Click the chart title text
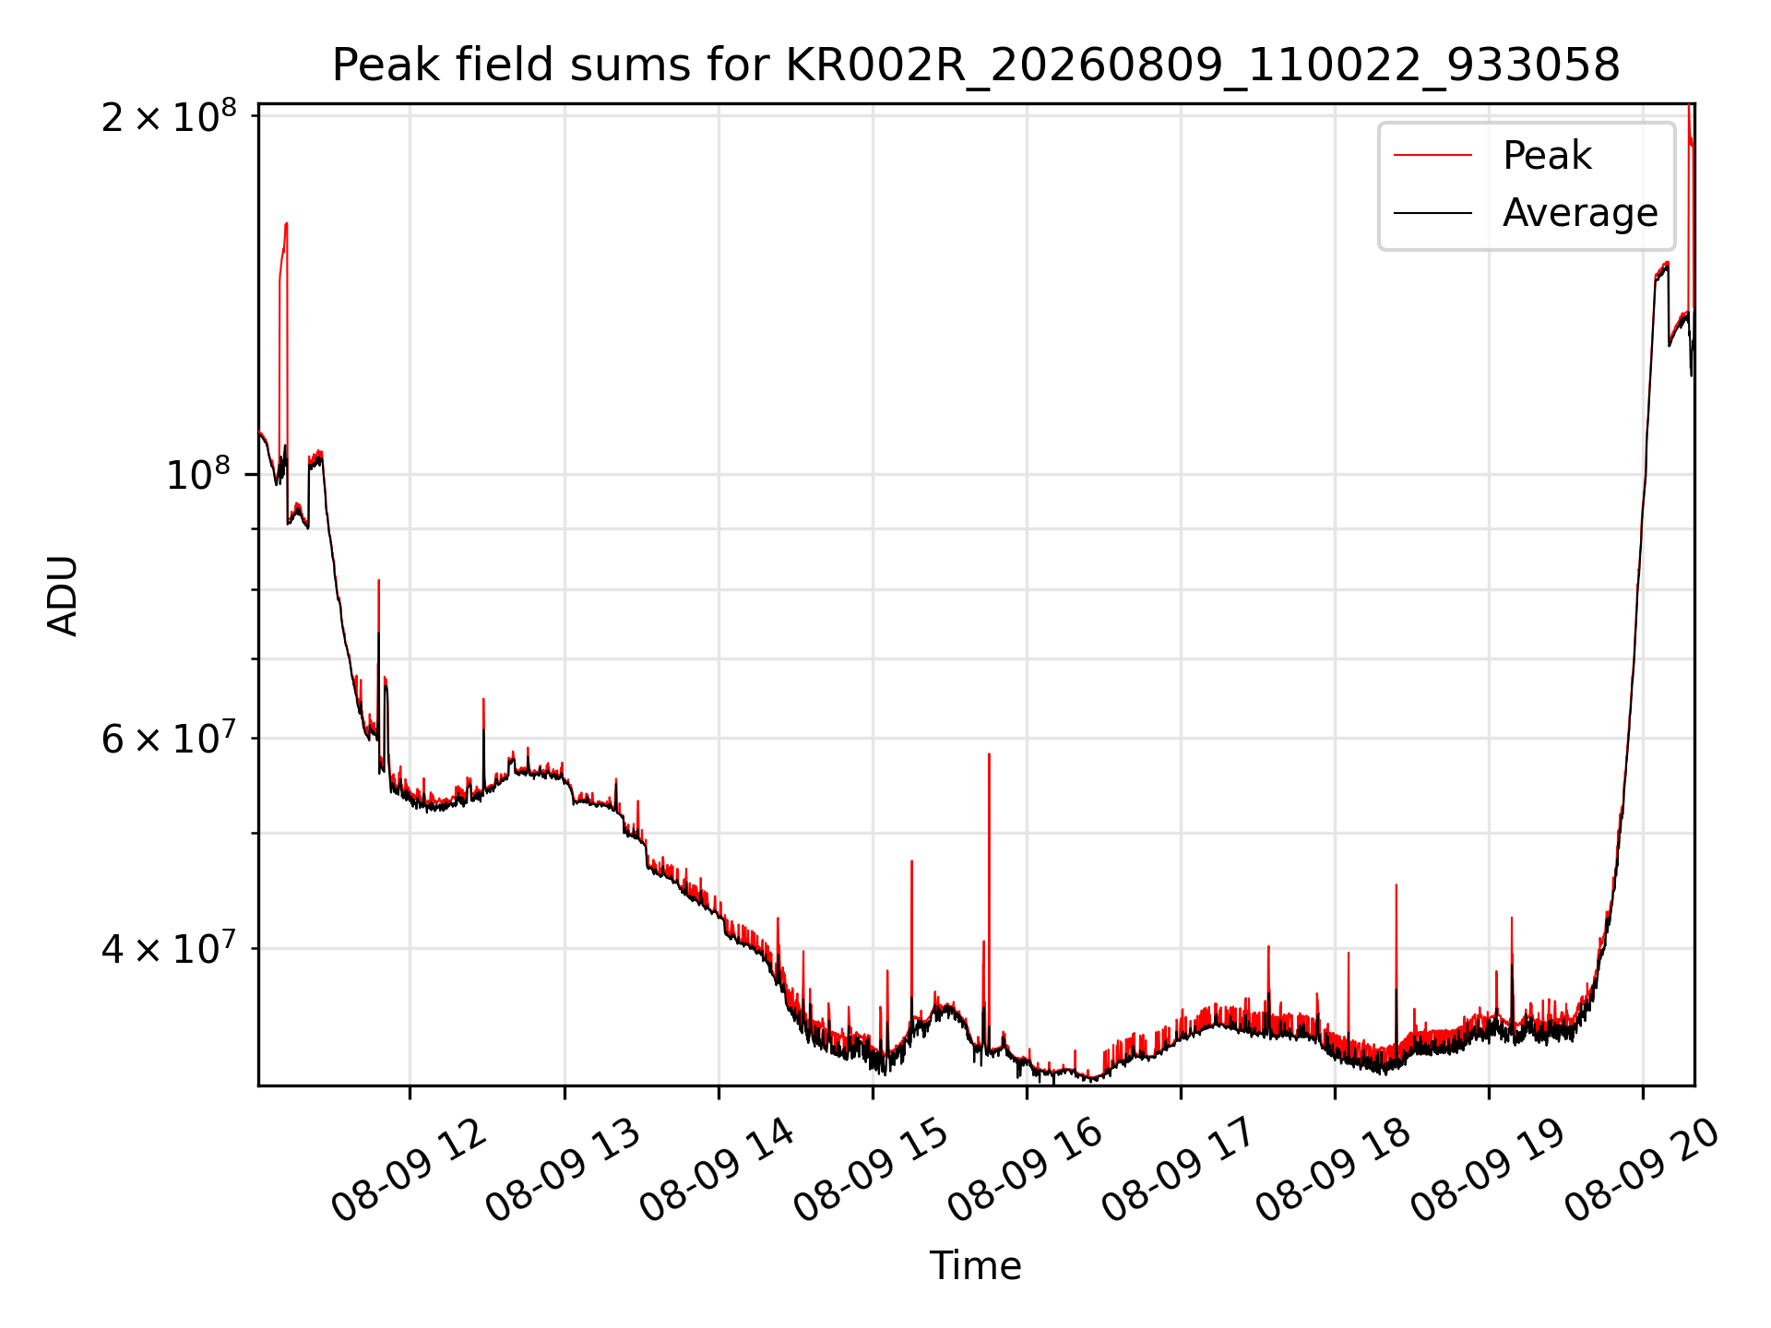click(976, 65)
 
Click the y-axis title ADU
click(63, 596)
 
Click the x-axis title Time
click(976, 1265)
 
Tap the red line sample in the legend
click(1432, 155)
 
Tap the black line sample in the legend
click(1432, 213)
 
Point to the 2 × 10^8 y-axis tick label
click(169, 117)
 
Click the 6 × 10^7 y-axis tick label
click(169, 739)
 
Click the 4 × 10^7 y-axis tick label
click(169, 948)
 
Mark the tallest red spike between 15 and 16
click(989, 754)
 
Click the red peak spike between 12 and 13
click(483, 700)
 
